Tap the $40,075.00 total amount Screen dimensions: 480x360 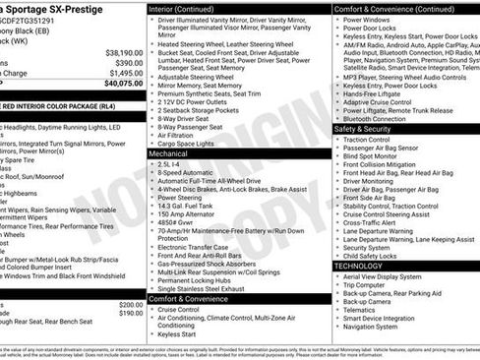(x=122, y=84)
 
